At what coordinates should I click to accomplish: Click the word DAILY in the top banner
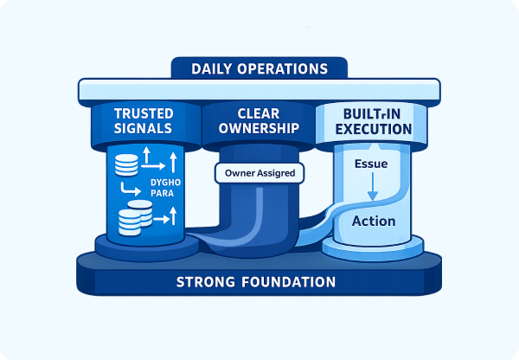point(215,68)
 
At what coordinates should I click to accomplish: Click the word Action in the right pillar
point(374,221)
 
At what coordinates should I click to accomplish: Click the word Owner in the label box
point(239,173)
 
